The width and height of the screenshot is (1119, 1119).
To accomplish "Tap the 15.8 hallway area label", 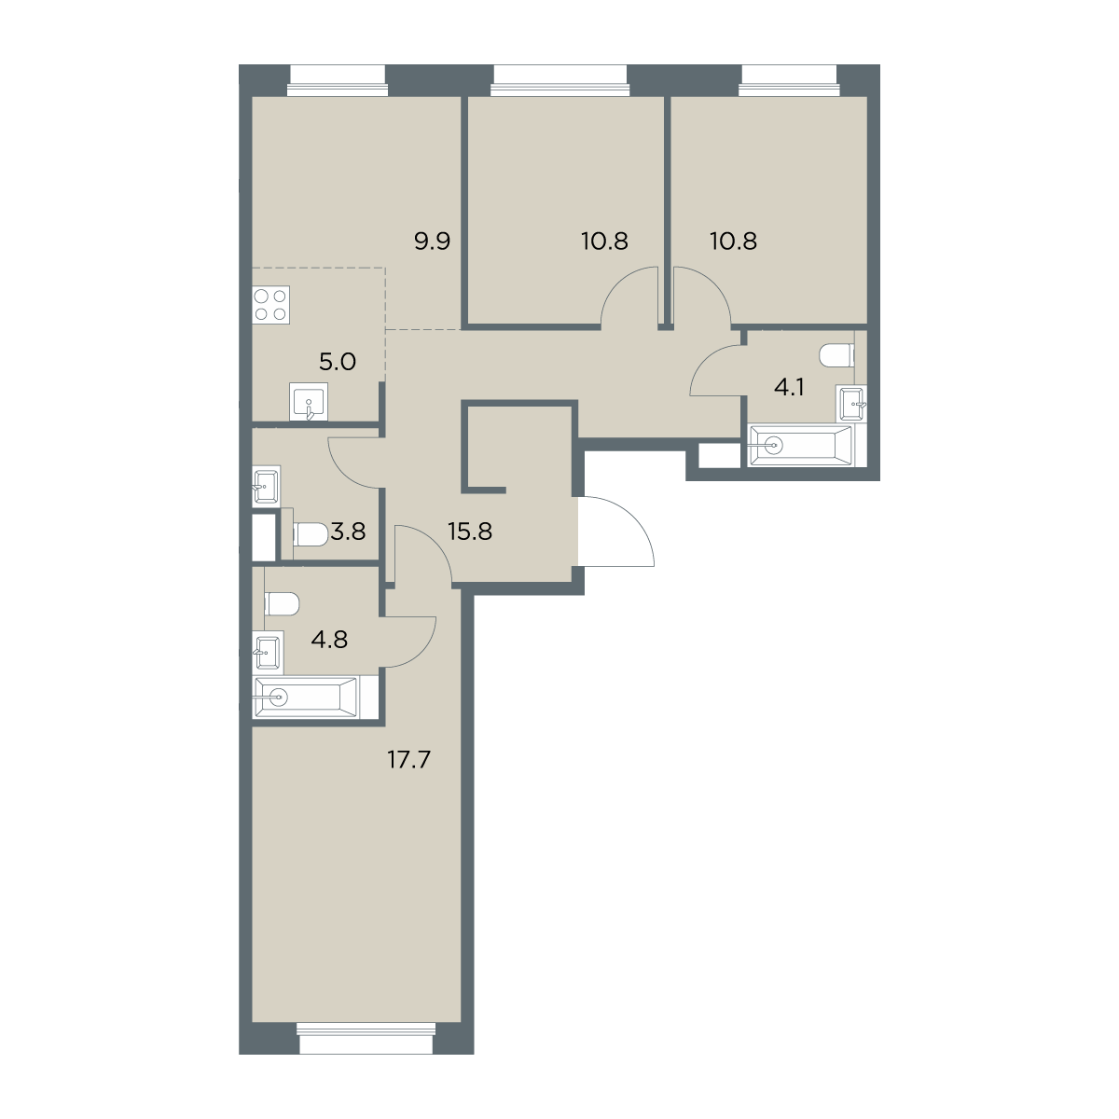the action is coord(470,531).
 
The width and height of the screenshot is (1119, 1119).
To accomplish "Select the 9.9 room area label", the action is coord(432,241).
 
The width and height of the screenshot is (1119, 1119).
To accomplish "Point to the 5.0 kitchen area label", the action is coord(338,362).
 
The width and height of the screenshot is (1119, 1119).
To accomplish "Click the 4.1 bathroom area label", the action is coord(789,387).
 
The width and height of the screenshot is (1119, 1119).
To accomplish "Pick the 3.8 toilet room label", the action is coord(348,531).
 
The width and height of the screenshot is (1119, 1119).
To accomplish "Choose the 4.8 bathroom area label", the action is coord(329,640).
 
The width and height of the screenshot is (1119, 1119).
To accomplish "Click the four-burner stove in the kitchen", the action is coord(271,304).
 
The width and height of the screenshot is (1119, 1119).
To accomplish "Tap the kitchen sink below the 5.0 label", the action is coord(308,401).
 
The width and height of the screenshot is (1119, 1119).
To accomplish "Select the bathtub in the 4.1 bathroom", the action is coord(801,446).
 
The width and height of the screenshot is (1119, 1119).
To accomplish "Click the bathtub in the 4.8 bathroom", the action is coord(306,697).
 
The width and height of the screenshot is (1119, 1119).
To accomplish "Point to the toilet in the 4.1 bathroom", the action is coord(836,354).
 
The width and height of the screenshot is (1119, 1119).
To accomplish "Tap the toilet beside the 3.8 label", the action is coord(311,534).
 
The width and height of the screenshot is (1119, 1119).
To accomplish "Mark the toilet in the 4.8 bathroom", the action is coord(282,603).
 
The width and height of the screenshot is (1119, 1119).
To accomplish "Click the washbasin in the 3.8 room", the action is coord(267,484).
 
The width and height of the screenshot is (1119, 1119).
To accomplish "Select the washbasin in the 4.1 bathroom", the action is coord(852,403).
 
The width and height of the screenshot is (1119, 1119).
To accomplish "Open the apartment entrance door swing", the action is coord(616,531).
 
